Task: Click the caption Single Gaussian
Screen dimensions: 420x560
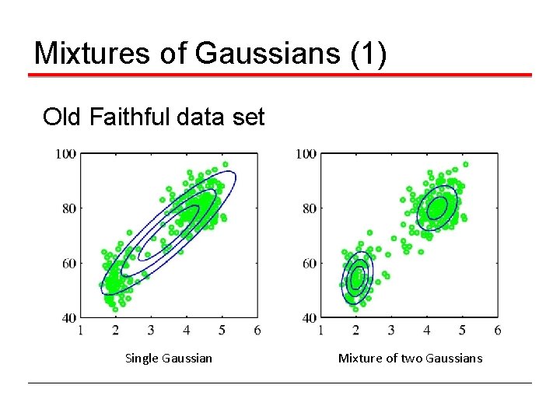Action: [x=168, y=359]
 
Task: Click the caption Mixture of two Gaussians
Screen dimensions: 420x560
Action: [x=410, y=359]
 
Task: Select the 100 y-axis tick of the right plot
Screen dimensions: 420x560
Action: [x=305, y=154]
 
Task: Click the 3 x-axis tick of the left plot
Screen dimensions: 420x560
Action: [x=151, y=331]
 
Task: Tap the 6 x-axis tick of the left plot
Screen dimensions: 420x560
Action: [x=257, y=331]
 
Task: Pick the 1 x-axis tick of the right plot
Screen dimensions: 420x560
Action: [x=320, y=331]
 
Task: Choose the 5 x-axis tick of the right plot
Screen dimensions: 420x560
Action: [x=462, y=331]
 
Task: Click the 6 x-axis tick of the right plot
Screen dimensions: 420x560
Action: [x=497, y=331]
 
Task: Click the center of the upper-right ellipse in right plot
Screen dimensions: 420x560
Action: [x=436, y=208]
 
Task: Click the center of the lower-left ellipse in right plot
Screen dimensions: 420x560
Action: [x=358, y=278]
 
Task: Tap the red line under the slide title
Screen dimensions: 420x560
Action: [x=280, y=75]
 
